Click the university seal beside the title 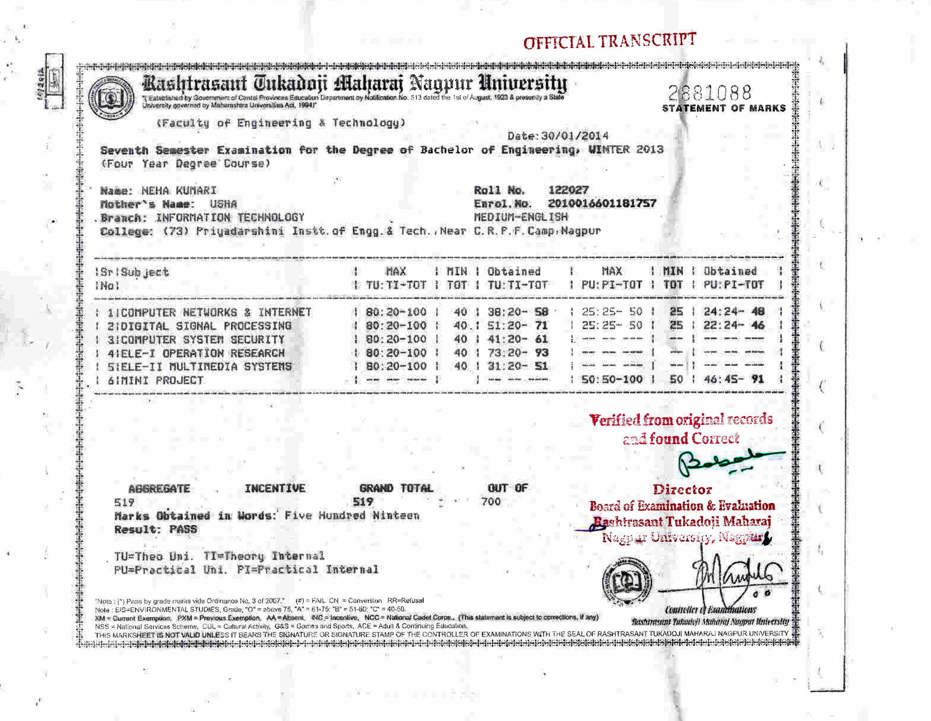pos(111,97)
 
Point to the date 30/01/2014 pos(574,136)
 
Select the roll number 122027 pos(568,190)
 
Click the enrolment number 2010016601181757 pos(602,203)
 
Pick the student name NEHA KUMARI pos(179,191)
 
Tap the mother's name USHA pos(223,204)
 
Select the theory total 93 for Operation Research pos(542,353)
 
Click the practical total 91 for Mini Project pos(758,379)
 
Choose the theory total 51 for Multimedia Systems pos(542,366)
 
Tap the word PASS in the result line pos(183,530)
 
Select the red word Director pos(682,490)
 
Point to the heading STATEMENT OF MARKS pos(723,108)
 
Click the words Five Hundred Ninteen pos(352,516)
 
